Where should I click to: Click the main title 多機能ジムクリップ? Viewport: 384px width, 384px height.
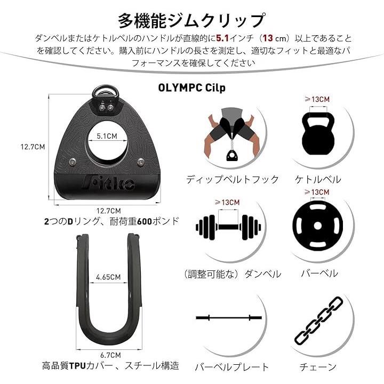pos(191,21)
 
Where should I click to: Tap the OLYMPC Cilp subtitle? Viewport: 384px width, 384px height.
pos(191,87)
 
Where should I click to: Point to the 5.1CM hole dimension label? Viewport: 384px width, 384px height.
pos(107,136)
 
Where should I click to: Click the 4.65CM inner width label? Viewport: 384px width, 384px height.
pos(108,277)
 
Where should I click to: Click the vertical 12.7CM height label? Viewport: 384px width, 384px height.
pos(33,147)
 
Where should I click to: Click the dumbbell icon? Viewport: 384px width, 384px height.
pos(228,227)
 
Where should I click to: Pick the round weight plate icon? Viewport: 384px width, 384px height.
pos(318,226)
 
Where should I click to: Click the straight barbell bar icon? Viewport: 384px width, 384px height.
pos(229,318)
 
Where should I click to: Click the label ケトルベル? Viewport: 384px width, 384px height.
pos(318,180)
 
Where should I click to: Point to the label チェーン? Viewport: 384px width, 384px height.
pos(318,367)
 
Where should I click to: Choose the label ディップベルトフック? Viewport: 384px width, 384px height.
pos(233,180)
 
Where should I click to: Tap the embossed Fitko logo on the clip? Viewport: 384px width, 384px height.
pos(108,183)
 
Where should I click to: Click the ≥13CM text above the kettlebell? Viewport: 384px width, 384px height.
pos(317,99)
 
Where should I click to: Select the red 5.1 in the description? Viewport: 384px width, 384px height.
pos(222,38)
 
